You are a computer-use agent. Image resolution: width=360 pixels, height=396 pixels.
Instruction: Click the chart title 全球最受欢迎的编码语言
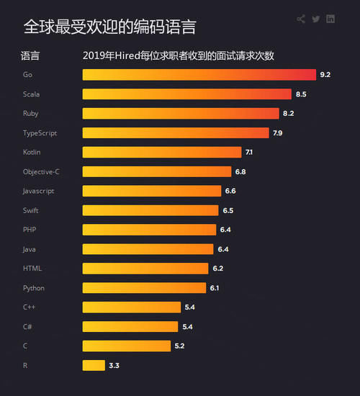coord(109,27)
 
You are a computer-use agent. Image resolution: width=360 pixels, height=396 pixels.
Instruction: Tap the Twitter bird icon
coord(316,19)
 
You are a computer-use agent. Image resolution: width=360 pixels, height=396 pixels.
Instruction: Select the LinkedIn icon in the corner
coord(330,19)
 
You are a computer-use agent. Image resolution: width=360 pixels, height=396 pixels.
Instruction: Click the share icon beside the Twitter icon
coord(301,19)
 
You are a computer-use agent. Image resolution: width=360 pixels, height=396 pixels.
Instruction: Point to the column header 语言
coord(30,55)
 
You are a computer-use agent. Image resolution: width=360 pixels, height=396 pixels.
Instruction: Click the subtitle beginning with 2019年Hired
coord(179,55)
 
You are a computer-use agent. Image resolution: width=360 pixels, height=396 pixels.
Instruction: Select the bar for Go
coord(199,74)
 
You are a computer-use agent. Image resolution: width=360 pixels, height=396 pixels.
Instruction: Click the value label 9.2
coord(325,75)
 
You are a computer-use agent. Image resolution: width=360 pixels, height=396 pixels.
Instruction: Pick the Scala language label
coord(31,94)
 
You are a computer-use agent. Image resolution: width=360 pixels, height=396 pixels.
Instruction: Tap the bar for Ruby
coord(181,113)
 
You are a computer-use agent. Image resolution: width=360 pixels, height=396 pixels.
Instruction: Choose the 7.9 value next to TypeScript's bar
coord(278,133)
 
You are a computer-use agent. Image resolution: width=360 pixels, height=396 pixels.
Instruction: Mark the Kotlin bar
coord(162,152)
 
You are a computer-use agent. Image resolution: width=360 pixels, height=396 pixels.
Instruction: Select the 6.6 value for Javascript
coord(230,191)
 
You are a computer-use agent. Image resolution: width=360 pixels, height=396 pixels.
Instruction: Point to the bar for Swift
coord(150,210)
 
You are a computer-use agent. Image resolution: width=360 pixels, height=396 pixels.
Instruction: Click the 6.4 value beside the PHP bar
coord(225,230)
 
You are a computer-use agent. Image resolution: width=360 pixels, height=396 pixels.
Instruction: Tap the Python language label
coord(33,288)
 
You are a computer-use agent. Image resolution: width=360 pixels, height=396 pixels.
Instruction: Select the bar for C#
coord(130,327)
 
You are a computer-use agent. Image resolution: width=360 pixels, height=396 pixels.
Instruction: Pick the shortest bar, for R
coord(94,365)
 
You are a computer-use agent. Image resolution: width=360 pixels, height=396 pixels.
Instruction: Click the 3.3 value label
coord(114,366)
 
